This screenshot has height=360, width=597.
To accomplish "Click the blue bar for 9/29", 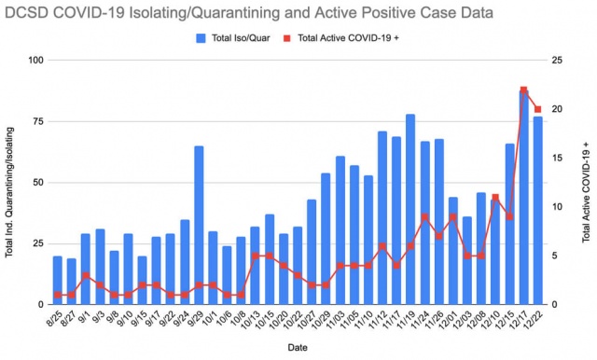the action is pos(199,226).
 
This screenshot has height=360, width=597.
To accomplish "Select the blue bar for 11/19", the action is pos(410,209).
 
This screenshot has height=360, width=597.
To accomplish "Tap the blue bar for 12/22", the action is pos(537,211).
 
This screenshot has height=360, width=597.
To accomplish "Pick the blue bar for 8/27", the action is pos(72,282).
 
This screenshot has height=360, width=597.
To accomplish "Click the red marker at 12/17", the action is pos(523,90).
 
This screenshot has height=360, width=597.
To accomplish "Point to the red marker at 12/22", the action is pos(537,109).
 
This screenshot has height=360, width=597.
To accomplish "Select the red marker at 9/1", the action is pos(86,275).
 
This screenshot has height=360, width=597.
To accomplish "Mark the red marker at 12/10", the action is pos(495,197).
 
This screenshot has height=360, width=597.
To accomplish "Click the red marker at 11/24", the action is pos(425,217).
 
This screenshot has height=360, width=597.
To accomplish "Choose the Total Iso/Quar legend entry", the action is pos(233,38).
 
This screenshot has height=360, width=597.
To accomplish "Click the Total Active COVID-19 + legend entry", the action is pos(341,38).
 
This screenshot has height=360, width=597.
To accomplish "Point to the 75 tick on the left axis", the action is pos(38,121).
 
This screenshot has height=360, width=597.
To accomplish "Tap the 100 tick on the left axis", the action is pos(36,60).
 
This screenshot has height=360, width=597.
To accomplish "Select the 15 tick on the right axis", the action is pos(558,158).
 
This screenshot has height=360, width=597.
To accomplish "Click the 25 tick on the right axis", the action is pos(558,60).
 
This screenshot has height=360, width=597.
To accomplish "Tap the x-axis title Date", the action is pos(298,348).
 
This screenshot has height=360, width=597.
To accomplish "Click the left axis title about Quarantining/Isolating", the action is pos(9,192).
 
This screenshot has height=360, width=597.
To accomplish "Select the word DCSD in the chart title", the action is pos(27,13).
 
